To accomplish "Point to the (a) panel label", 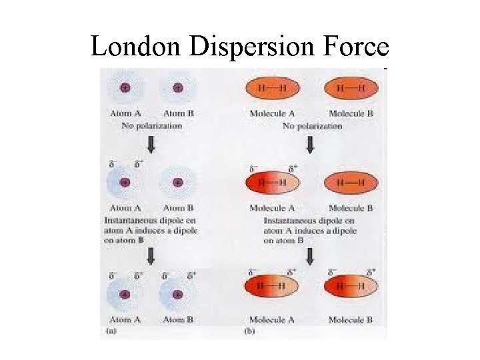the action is [109, 330].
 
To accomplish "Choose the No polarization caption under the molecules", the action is [310, 125].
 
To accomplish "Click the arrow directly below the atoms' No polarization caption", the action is [151, 145].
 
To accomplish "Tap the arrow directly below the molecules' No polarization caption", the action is [311, 145].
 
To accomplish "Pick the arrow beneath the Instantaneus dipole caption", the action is [151, 255].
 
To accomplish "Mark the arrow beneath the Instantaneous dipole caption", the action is [311, 256].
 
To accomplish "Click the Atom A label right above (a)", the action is [125, 321].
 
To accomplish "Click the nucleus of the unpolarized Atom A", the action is [125, 87].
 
